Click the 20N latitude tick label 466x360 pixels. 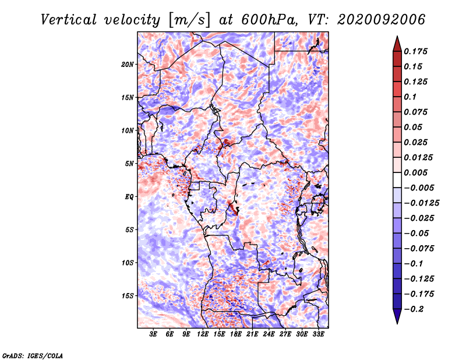[x=128, y=65]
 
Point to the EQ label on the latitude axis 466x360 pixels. [x=129, y=197]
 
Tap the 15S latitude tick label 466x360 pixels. [x=128, y=296]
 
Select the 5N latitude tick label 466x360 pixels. [x=129, y=164]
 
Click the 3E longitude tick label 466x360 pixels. [x=153, y=334]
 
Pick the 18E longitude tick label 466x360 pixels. [x=236, y=334]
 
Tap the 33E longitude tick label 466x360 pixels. [x=318, y=334]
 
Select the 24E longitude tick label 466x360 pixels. [x=269, y=334]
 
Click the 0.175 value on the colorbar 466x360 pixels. [x=416, y=51]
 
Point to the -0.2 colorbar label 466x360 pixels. [x=414, y=309]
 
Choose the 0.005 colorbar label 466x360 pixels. [x=416, y=172]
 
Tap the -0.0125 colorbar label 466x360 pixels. [x=421, y=203]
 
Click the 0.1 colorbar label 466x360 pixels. [x=411, y=97]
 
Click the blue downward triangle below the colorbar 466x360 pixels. [x=397, y=316]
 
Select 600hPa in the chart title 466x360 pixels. [x=270, y=20]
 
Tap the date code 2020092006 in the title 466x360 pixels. [x=382, y=20]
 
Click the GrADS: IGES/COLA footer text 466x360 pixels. [x=33, y=355]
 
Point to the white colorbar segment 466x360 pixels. [x=397, y=180]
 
